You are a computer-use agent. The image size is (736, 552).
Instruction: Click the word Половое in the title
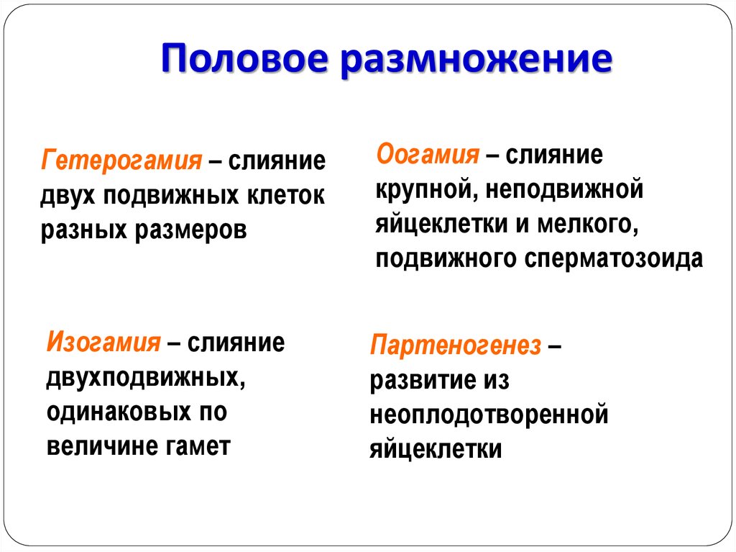pos(244,59)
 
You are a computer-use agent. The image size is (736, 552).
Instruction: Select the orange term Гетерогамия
pos(121,161)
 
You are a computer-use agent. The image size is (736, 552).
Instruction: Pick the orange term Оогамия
pos(428,155)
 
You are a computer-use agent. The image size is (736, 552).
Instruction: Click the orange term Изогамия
pos(103,342)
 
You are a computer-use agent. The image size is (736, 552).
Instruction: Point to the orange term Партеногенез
pos(455,345)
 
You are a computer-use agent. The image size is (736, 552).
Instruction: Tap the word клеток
pos(286,195)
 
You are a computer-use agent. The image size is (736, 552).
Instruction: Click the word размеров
pos(191,230)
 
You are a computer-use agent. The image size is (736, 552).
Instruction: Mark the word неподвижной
pos(564,189)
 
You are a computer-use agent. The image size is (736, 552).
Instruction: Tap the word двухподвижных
pos(145,378)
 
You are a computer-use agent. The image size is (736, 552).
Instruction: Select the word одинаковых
pos(120,412)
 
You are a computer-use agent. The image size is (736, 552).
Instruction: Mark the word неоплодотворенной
pos(489,415)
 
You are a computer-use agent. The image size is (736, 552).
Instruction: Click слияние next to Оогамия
pos(554,155)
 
